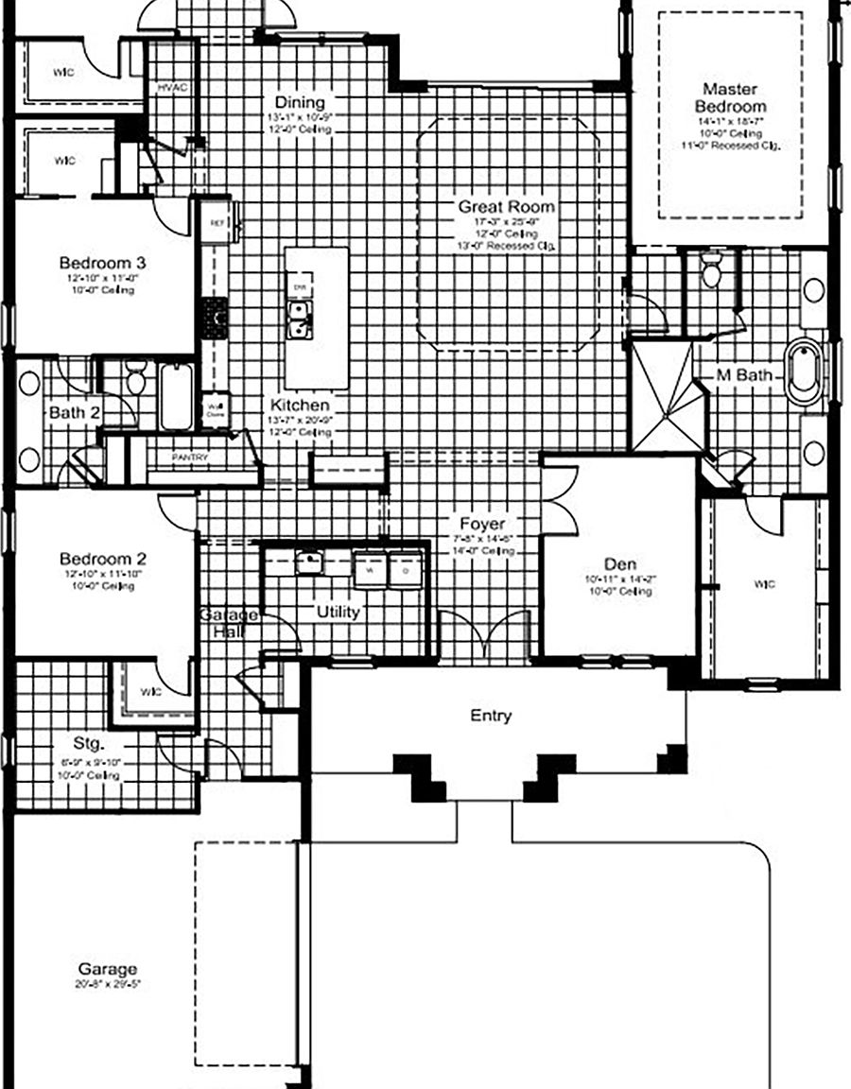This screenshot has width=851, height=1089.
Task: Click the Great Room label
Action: pos(506,206)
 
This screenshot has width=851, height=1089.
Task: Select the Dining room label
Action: pos(300,102)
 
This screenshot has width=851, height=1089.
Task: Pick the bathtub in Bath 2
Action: pos(177,395)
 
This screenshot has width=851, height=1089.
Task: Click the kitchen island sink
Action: pos(301,320)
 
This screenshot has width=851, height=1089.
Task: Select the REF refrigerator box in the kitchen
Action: pos(215,223)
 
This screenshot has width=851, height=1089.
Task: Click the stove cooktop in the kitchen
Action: pos(215,316)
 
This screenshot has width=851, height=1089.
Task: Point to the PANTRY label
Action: pos(190,458)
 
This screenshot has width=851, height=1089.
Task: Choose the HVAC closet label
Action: pos(173,88)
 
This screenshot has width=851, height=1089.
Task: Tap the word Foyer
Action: pos(482,524)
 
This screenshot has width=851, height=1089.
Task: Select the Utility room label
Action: pos(338,612)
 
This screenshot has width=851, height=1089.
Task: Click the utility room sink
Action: pos(309,563)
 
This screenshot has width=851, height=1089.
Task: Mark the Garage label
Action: pos(107,969)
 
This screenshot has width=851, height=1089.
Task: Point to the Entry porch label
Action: pos(491,716)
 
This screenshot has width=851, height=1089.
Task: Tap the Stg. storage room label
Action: pos(91,742)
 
